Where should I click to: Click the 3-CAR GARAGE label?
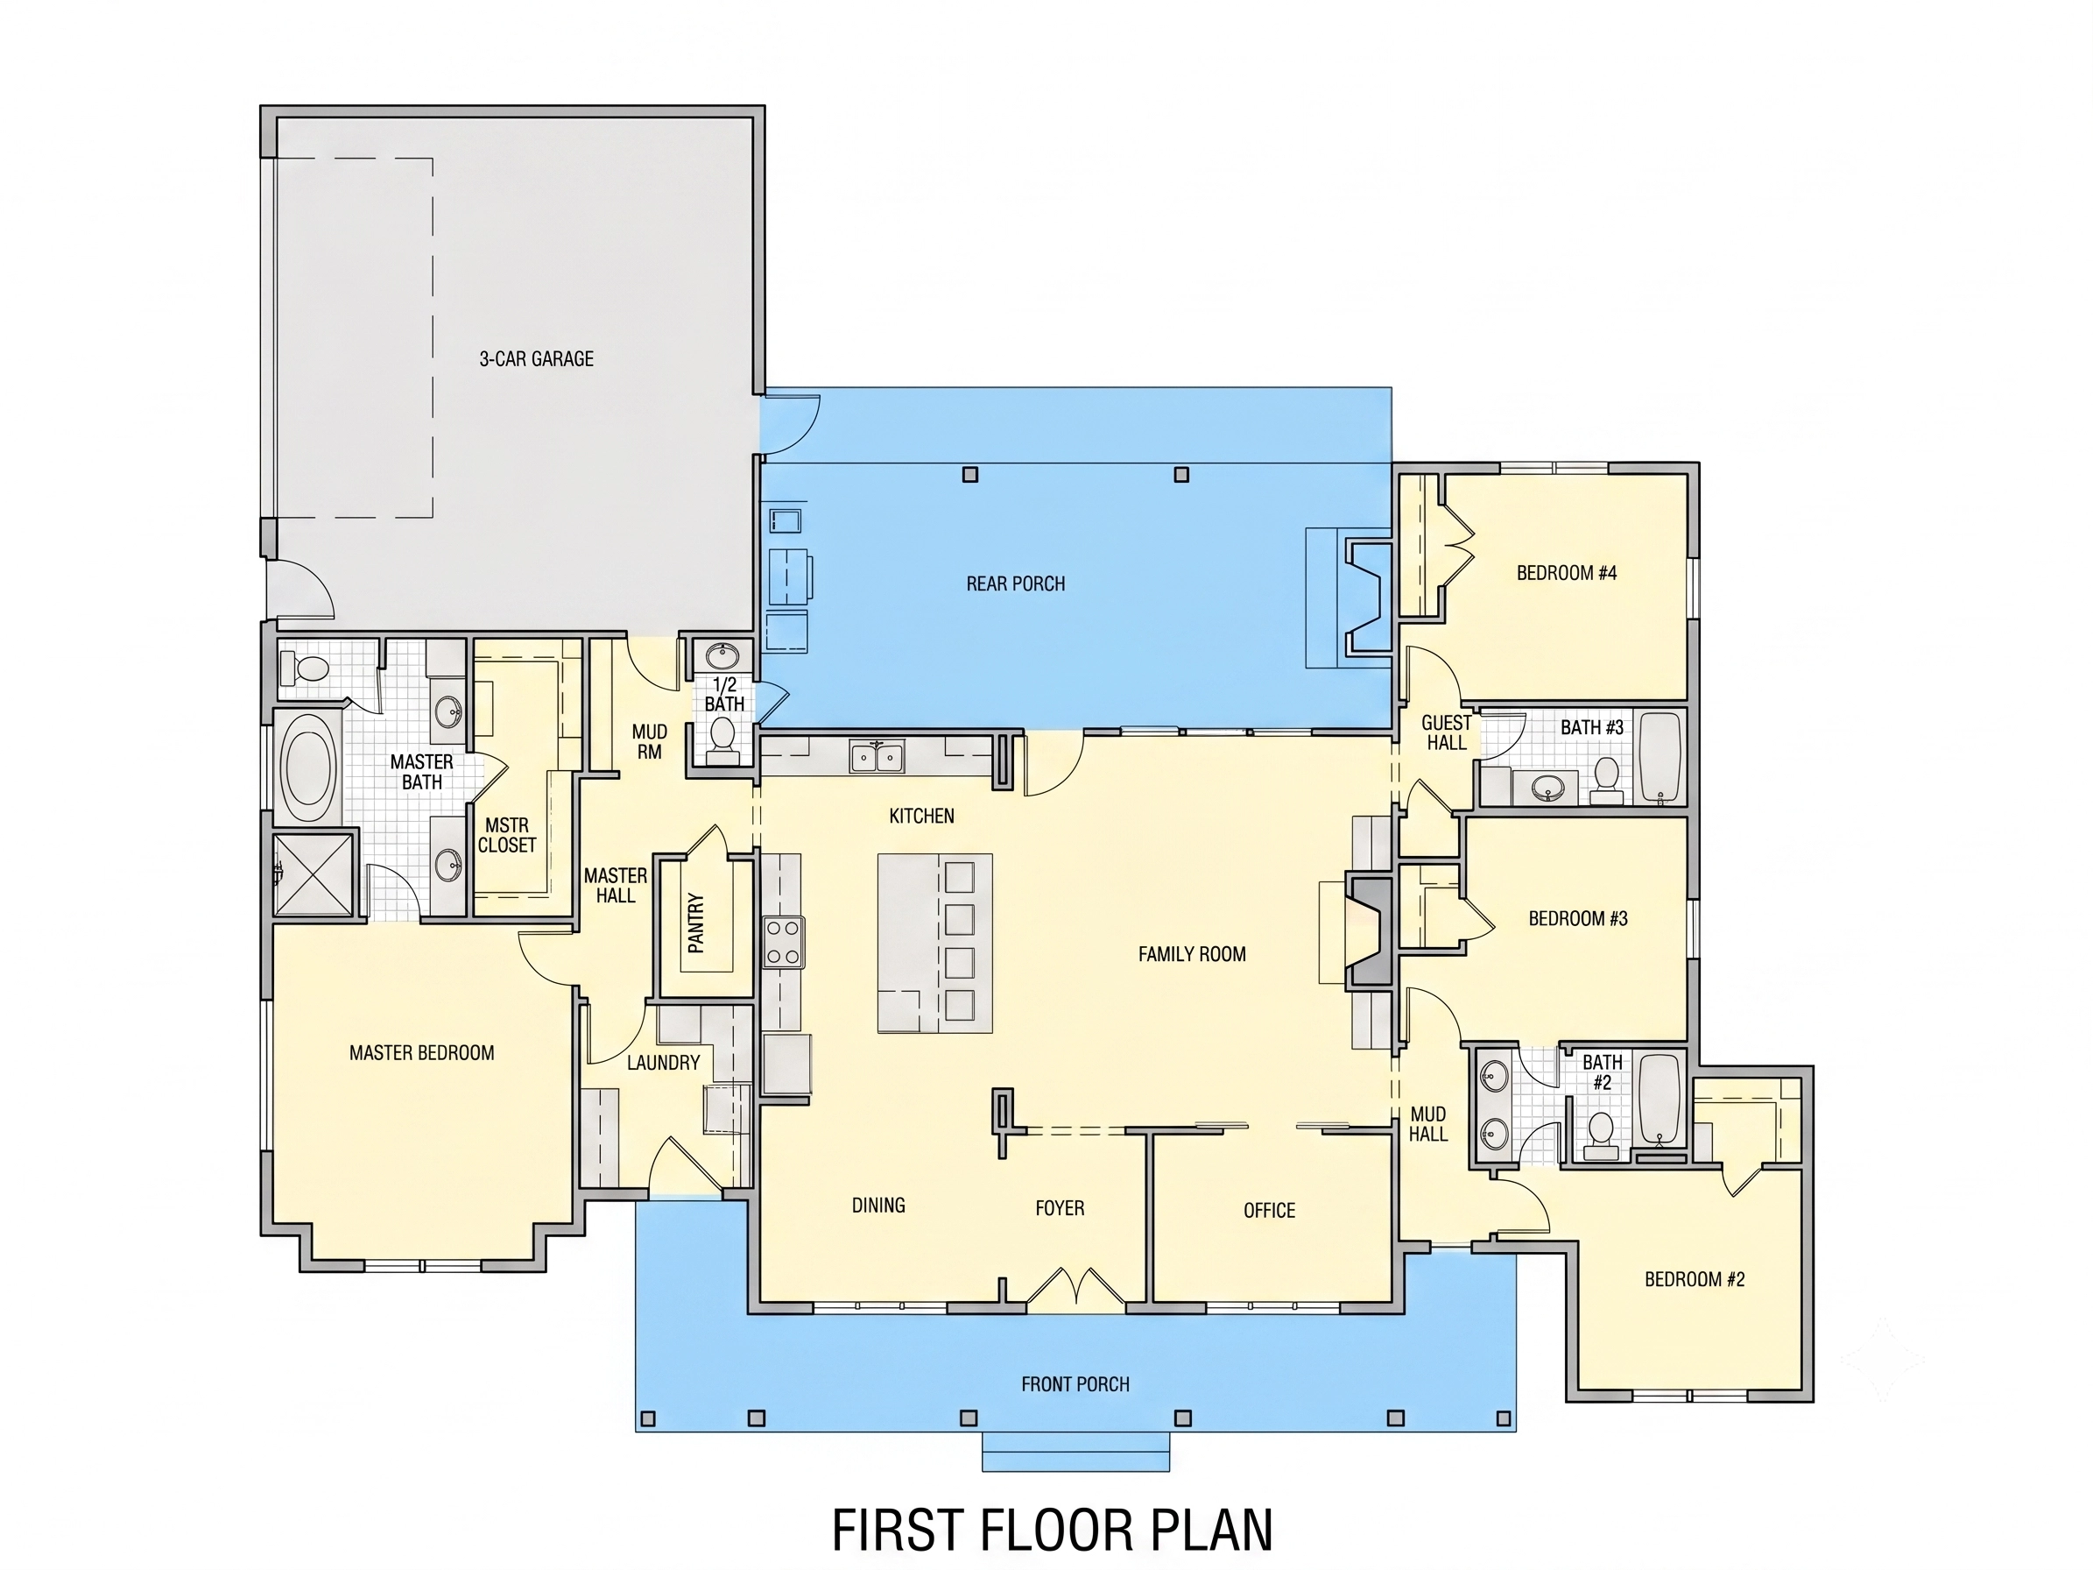click(537, 358)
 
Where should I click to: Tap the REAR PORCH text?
click(1015, 583)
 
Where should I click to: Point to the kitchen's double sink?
click(877, 757)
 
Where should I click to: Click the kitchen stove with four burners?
click(784, 942)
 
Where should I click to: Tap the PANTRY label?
click(696, 923)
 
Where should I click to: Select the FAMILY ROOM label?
click(1191, 954)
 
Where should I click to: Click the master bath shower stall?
click(314, 874)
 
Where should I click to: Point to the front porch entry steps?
click(1075, 1452)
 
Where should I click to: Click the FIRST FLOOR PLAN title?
click(1052, 1530)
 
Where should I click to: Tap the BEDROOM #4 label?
click(1567, 573)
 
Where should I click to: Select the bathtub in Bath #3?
click(1660, 757)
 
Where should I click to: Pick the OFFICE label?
click(1269, 1211)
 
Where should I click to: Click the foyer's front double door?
click(1075, 1287)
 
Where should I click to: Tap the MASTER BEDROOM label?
click(421, 1052)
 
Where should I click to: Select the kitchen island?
click(935, 943)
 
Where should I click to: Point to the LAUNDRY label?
click(662, 1063)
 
